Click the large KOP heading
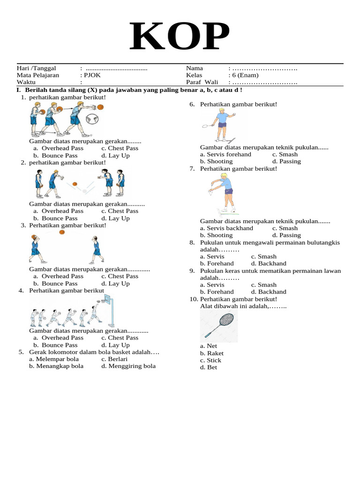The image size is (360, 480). [x=180, y=37]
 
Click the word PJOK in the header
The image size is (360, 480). [x=92, y=75]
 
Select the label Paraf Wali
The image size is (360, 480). [x=200, y=82]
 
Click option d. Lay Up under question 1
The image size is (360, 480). [x=115, y=156]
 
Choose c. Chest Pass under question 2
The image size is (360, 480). [x=120, y=211]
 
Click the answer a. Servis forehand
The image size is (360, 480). [x=225, y=154]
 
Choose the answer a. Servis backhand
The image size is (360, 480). [x=226, y=228]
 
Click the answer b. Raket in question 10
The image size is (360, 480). [x=211, y=353]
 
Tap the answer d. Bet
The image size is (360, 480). [x=209, y=367]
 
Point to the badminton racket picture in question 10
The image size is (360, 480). [x=219, y=324]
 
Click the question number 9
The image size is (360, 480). [x=192, y=271]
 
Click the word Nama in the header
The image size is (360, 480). [x=195, y=68]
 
